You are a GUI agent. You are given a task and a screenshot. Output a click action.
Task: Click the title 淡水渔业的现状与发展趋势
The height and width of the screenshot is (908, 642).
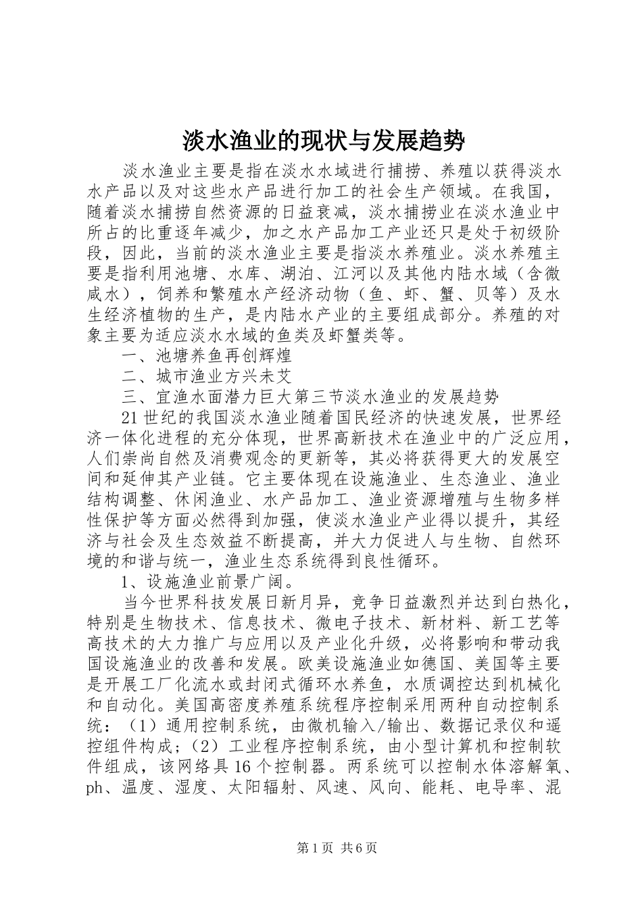point(324,141)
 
